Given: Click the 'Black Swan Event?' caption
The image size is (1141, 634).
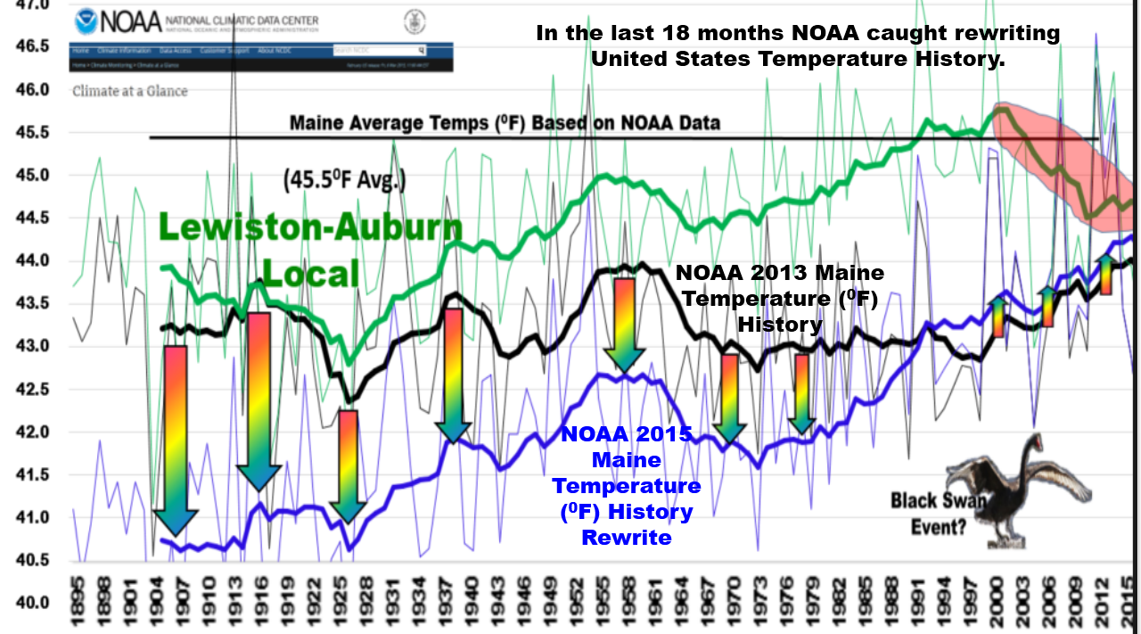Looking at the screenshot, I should click(938, 513).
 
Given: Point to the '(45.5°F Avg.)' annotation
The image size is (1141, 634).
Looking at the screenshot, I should click(344, 181).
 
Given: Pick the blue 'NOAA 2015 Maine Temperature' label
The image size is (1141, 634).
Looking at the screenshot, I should click(626, 486).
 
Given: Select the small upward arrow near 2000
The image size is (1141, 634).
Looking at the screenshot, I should click(998, 317).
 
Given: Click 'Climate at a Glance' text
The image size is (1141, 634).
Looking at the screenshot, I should click(130, 90).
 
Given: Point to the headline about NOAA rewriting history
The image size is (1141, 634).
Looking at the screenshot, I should click(797, 46).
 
